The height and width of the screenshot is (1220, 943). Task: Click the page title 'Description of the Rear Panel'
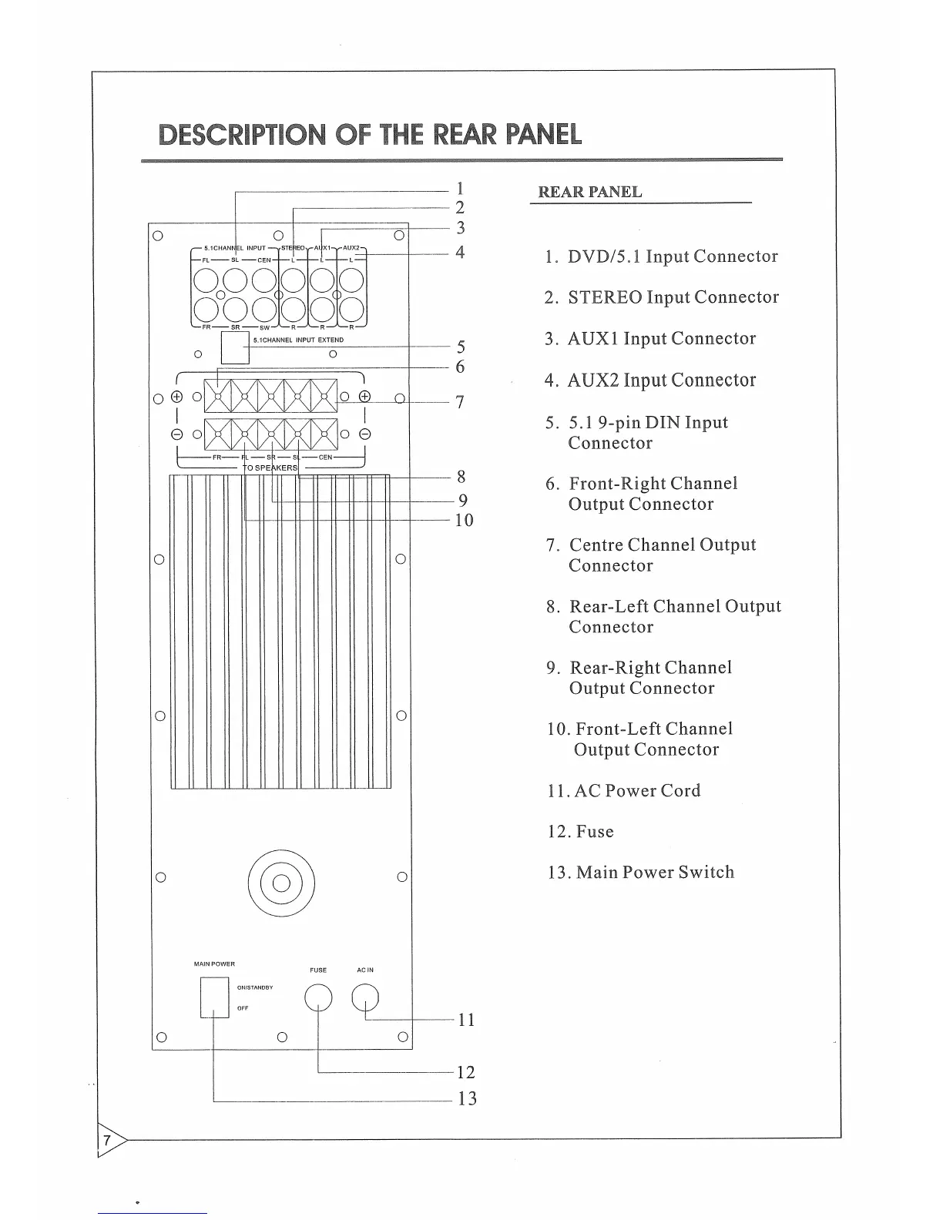point(370,135)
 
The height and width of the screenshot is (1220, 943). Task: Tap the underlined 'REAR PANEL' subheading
point(589,192)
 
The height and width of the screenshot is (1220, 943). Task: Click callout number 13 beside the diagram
point(467,1099)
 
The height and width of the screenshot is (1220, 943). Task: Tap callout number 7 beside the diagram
point(460,402)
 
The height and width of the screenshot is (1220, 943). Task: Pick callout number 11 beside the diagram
point(466,1021)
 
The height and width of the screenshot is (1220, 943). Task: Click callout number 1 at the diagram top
point(459,188)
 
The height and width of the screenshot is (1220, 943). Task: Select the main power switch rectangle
point(215,997)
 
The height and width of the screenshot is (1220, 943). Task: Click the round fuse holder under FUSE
point(318,998)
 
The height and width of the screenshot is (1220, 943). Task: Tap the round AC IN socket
point(365,998)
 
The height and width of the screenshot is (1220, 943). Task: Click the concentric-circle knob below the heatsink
point(281,883)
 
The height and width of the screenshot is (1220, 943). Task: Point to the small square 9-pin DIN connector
point(235,348)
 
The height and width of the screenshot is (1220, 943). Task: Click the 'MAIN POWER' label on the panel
point(214,964)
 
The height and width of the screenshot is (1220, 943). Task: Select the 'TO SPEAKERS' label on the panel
point(270,468)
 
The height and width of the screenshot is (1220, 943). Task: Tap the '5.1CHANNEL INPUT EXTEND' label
point(298,340)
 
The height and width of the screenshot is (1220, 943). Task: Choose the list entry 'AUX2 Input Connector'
point(661,380)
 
